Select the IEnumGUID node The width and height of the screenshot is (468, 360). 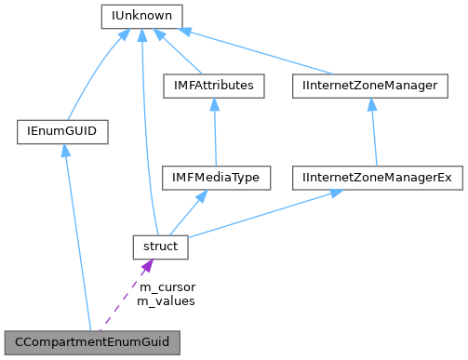tap(62, 132)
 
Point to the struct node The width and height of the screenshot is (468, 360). tap(160, 247)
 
